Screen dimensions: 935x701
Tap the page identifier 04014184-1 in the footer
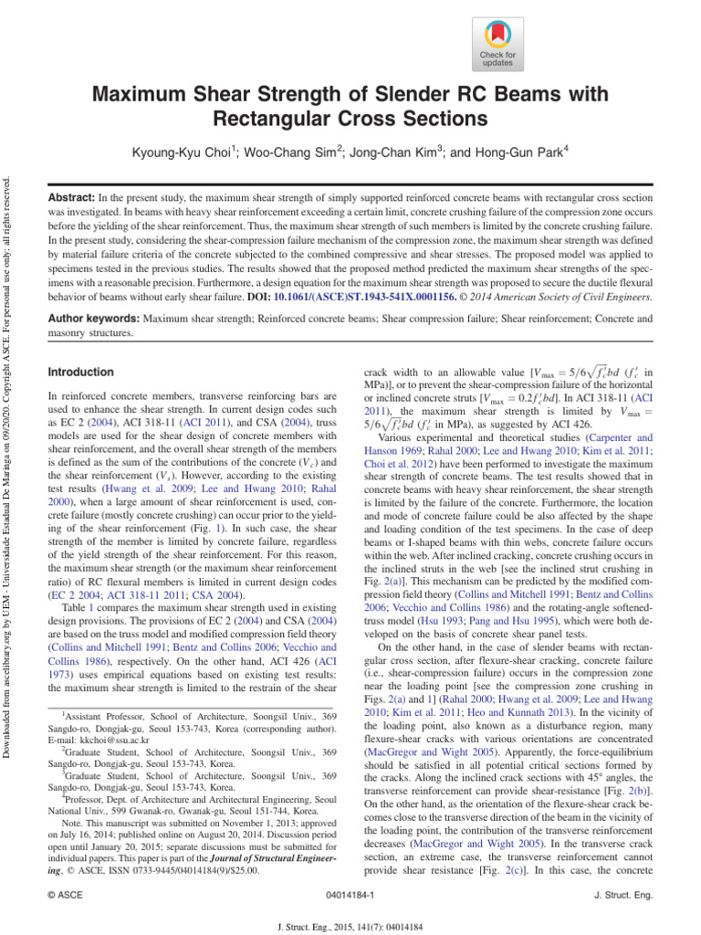point(350,896)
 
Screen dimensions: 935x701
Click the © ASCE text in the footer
point(65,896)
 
